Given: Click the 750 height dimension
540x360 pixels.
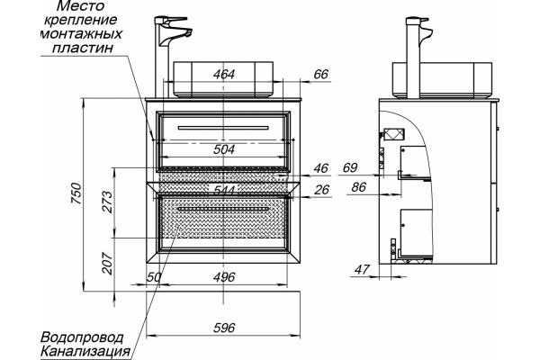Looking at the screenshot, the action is [x=77, y=193].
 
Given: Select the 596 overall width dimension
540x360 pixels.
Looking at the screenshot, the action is [x=224, y=328].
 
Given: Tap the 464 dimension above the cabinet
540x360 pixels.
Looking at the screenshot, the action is [x=224, y=74].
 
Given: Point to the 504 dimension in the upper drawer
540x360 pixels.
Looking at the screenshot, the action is [x=224, y=149].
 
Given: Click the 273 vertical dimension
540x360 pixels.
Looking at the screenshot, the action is [x=107, y=202].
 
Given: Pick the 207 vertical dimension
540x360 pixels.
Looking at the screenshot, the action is [x=107, y=264].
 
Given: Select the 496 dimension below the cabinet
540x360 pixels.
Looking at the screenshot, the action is [x=224, y=277].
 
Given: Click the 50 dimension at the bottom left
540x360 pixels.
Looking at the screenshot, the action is [x=154, y=277].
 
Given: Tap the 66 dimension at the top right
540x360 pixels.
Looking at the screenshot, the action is [x=321, y=74].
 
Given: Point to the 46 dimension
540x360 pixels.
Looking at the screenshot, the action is [x=321, y=168].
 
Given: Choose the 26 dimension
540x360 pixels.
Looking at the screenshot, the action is [x=321, y=190].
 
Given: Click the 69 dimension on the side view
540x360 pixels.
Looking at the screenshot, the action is [x=350, y=167].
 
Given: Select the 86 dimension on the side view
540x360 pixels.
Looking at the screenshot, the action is [x=359, y=187].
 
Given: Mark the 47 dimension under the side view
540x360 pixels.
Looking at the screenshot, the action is [x=362, y=269].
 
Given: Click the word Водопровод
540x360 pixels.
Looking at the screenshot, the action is [x=82, y=337].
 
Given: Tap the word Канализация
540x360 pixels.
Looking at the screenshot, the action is [x=85, y=352].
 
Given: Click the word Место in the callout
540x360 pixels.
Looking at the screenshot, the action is [x=80, y=6].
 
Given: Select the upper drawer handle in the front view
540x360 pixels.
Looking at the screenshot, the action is [x=223, y=128].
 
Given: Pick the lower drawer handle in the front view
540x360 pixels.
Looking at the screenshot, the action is [x=223, y=209].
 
